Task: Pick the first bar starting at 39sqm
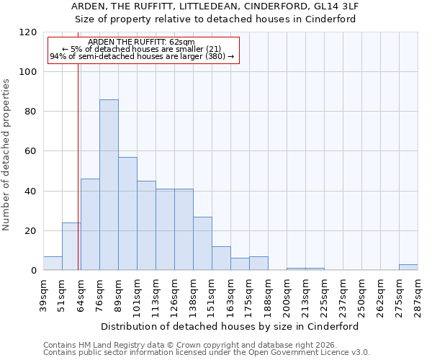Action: [53, 264]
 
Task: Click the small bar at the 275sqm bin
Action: [408, 267]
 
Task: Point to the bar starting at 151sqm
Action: [221, 258]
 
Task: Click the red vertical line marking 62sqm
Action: [78, 180]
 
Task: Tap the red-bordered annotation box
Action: [143, 50]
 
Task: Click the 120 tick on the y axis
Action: [28, 32]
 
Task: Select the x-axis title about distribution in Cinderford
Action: [230, 326]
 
